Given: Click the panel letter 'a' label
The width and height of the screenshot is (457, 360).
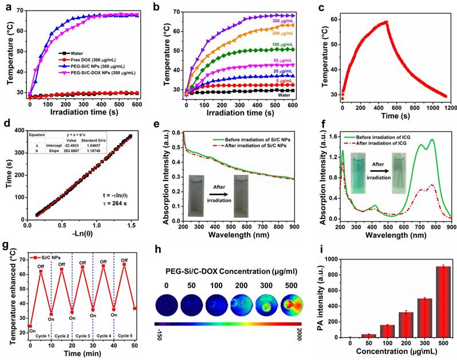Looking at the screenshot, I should (7, 7).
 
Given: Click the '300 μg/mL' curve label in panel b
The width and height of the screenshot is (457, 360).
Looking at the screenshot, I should (280, 21).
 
